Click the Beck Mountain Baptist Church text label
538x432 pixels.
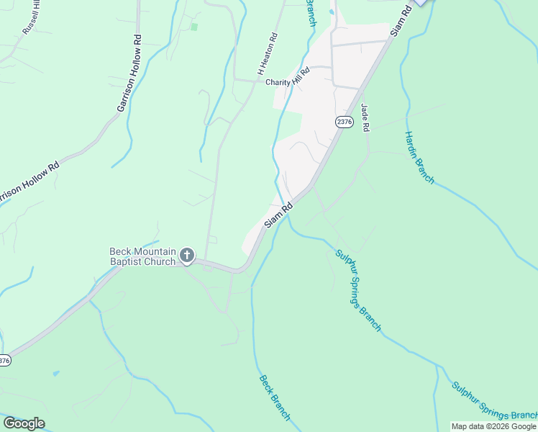[x=142, y=256]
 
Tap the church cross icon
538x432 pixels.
[x=187, y=255]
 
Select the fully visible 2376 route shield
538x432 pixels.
[x=344, y=122]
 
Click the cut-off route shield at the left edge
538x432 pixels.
[x=4, y=360]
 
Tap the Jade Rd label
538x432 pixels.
[x=365, y=117]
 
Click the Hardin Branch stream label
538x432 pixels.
[x=419, y=157]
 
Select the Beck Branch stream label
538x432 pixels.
[x=275, y=397]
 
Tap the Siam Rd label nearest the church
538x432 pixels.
[x=278, y=215]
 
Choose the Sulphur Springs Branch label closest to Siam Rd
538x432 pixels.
[x=358, y=289]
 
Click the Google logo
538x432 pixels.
[x=24, y=423]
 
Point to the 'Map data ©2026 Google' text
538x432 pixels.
[x=493, y=426]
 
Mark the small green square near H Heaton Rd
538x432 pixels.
[x=194, y=27]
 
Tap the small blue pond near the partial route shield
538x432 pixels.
[x=55, y=374]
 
